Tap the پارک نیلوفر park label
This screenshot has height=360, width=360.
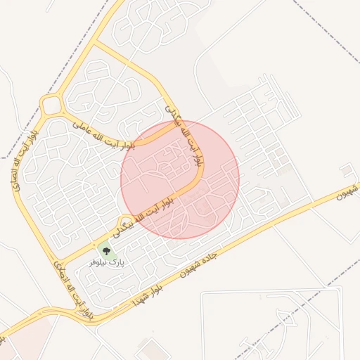[107, 262]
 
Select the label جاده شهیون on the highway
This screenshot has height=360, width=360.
[210, 259]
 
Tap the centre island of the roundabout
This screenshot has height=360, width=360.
[51, 106]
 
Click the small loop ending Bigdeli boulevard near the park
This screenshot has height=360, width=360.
[126, 221]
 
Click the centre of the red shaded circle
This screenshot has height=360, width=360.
[180, 180]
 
